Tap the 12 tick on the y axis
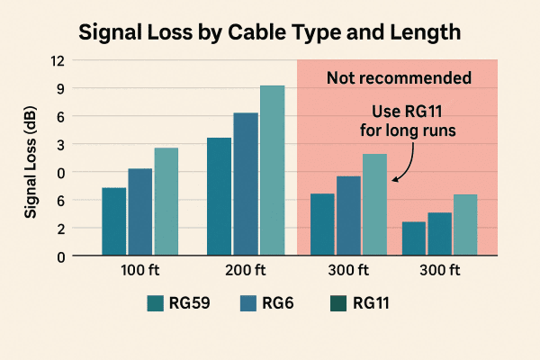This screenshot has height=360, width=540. pyautogui.click(x=58, y=60)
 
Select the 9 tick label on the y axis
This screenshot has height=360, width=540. pyautogui.click(x=58, y=88)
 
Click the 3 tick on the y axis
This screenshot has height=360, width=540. pyautogui.click(x=58, y=144)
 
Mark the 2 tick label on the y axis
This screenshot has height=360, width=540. pyautogui.click(x=58, y=229)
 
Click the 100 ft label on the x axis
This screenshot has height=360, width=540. pyautogui.click(x=139, y=270)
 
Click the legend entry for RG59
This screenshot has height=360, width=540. pyautogui.click(x=178, y=303)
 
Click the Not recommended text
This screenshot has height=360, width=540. pyautogui.click(x=399, y=78)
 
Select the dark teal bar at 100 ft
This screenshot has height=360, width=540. pyautogui.click(x=113, y=221)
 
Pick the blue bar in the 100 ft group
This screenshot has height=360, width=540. pyautogui.click(x=139, y=212)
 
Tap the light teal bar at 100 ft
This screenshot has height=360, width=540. pyautogui.click(x=166, y=202)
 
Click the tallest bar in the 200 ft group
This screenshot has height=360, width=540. pyautogui.click(x=272, y=170)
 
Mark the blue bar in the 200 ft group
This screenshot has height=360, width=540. pyautogui.click(x=246, y=184)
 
